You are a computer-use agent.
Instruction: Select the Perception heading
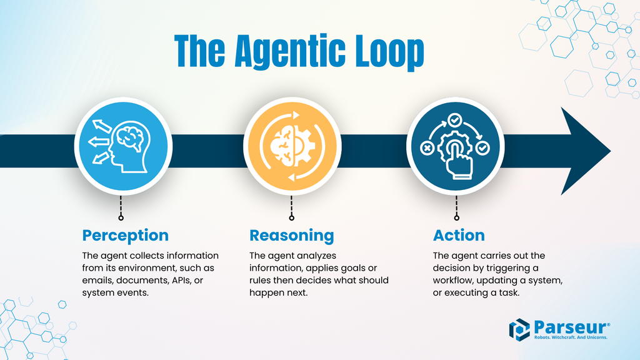126,235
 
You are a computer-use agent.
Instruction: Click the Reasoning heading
291,235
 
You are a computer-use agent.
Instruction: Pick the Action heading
459,235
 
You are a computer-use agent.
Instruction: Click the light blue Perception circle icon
123,145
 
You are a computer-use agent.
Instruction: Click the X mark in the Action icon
427,149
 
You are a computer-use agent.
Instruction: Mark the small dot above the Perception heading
121,218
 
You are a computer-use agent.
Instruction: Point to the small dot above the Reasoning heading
291,218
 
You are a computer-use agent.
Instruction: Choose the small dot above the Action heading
456,218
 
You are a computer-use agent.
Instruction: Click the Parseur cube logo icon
519,330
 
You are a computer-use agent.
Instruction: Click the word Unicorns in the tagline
593,337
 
